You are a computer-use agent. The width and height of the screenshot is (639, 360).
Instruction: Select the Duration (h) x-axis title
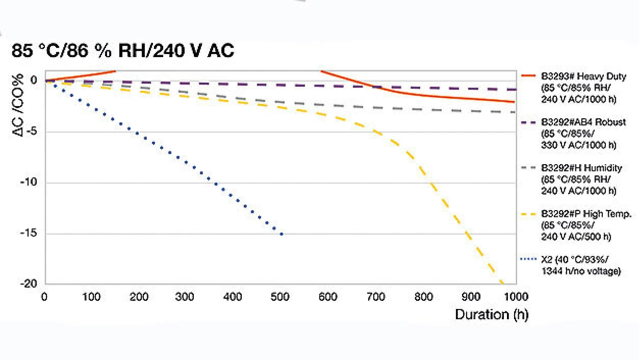click(491, 315)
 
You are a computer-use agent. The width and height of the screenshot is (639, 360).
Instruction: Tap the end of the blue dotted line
click(282, 234)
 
